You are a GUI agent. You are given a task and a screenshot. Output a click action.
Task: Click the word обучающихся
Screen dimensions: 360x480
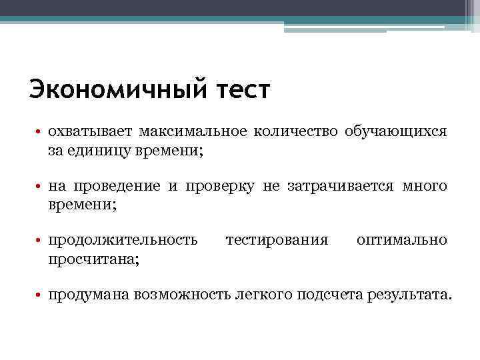pos(396,132)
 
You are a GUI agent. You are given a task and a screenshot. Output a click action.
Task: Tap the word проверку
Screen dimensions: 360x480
pos(220,187)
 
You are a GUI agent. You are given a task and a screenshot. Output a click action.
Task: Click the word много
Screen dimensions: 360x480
pos(425,187)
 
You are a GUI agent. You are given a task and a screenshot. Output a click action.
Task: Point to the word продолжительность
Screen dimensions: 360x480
pos(123,240)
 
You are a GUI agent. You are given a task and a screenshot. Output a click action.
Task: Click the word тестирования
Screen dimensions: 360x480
pos(277,240)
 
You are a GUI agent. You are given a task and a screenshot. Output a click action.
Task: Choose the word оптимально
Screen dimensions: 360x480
pos(402,240)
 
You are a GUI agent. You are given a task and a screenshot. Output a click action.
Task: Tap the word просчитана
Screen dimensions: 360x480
pos(93,259)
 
